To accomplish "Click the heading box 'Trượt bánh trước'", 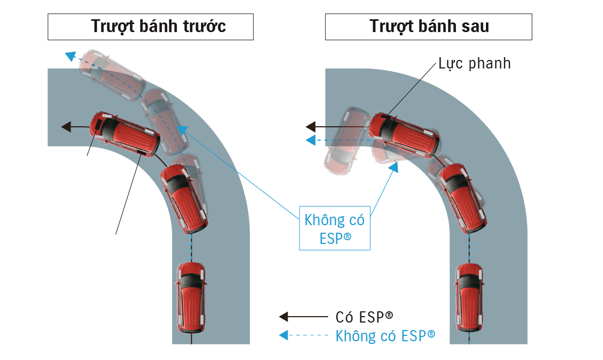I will pyautogui.click(x=150, y=27).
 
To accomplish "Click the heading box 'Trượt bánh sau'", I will pyautogui.click(x=428, y=27).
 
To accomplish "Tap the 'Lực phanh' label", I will pyautogui.click(x=474, y=64).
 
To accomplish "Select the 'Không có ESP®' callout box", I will pyautogui.click(x=334, y=229).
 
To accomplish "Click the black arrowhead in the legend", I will pyautogui.click(x=284, y=317).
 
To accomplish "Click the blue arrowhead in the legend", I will pyautogui.click(x=284, y=335).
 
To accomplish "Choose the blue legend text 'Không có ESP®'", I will pyautogui.click(x=385, y=336).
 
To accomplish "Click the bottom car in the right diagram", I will pyautogui.click(x=469, y=297).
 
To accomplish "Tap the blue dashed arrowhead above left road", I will pyautogui.click(x=70, y=55).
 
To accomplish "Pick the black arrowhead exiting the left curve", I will pyautogui.click(x=66, y=127).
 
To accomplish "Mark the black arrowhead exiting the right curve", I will pyautogui.click(x=311, y=127).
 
